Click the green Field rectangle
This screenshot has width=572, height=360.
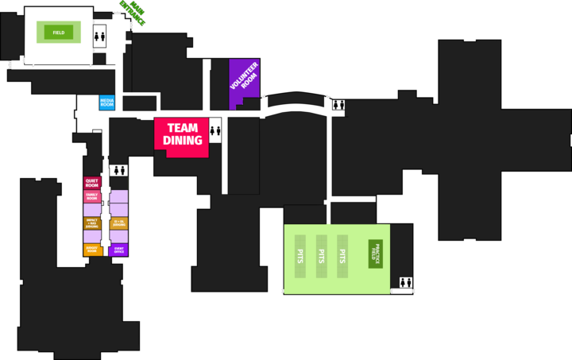pos(59,33)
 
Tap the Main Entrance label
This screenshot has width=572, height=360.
pos(132,13)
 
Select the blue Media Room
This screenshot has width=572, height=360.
pos(107,103)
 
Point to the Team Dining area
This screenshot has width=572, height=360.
pos(182,134)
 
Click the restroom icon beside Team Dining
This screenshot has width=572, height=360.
pos(214,131)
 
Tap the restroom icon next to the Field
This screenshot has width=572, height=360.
pos(99,35)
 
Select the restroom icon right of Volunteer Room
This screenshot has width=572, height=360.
pos(338,105)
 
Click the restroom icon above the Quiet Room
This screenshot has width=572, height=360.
pos(119,169)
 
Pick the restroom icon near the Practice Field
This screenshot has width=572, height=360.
pos(406,282)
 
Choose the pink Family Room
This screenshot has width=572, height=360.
pos(91,196)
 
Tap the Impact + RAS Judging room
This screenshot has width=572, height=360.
pos(91,223)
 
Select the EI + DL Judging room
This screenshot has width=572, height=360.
pos(119,223)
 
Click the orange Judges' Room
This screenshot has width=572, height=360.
pos(91,250)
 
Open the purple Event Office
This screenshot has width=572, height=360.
pos(119,250)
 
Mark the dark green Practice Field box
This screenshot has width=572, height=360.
pos(375,254)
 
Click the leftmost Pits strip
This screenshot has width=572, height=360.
pos(301,256)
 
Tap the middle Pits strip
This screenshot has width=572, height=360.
pos(322,256)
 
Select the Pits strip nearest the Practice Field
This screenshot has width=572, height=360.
pos(342,256)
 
